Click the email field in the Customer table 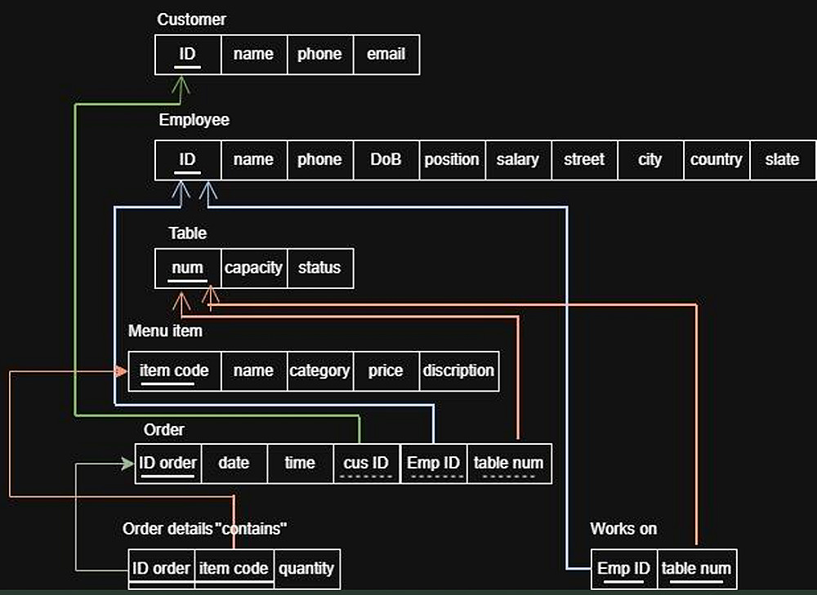point(386,55)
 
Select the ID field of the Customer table point(188,55)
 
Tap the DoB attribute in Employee point(386,160)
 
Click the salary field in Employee point(518,160)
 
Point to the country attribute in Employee point(716,160)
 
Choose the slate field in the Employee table point(782,160)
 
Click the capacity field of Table point(253,268)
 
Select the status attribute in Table point(319,268)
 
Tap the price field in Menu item point(386,371)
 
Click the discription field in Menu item point(458,371)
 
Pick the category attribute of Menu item point(319,371)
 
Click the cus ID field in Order point(366,463)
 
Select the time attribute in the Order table point(300,463)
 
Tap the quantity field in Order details point(306,568)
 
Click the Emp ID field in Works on point(624,568)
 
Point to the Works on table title point(623,529)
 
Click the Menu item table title point(165,331)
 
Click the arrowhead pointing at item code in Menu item point(122,371)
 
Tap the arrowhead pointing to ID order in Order point(128,464)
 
